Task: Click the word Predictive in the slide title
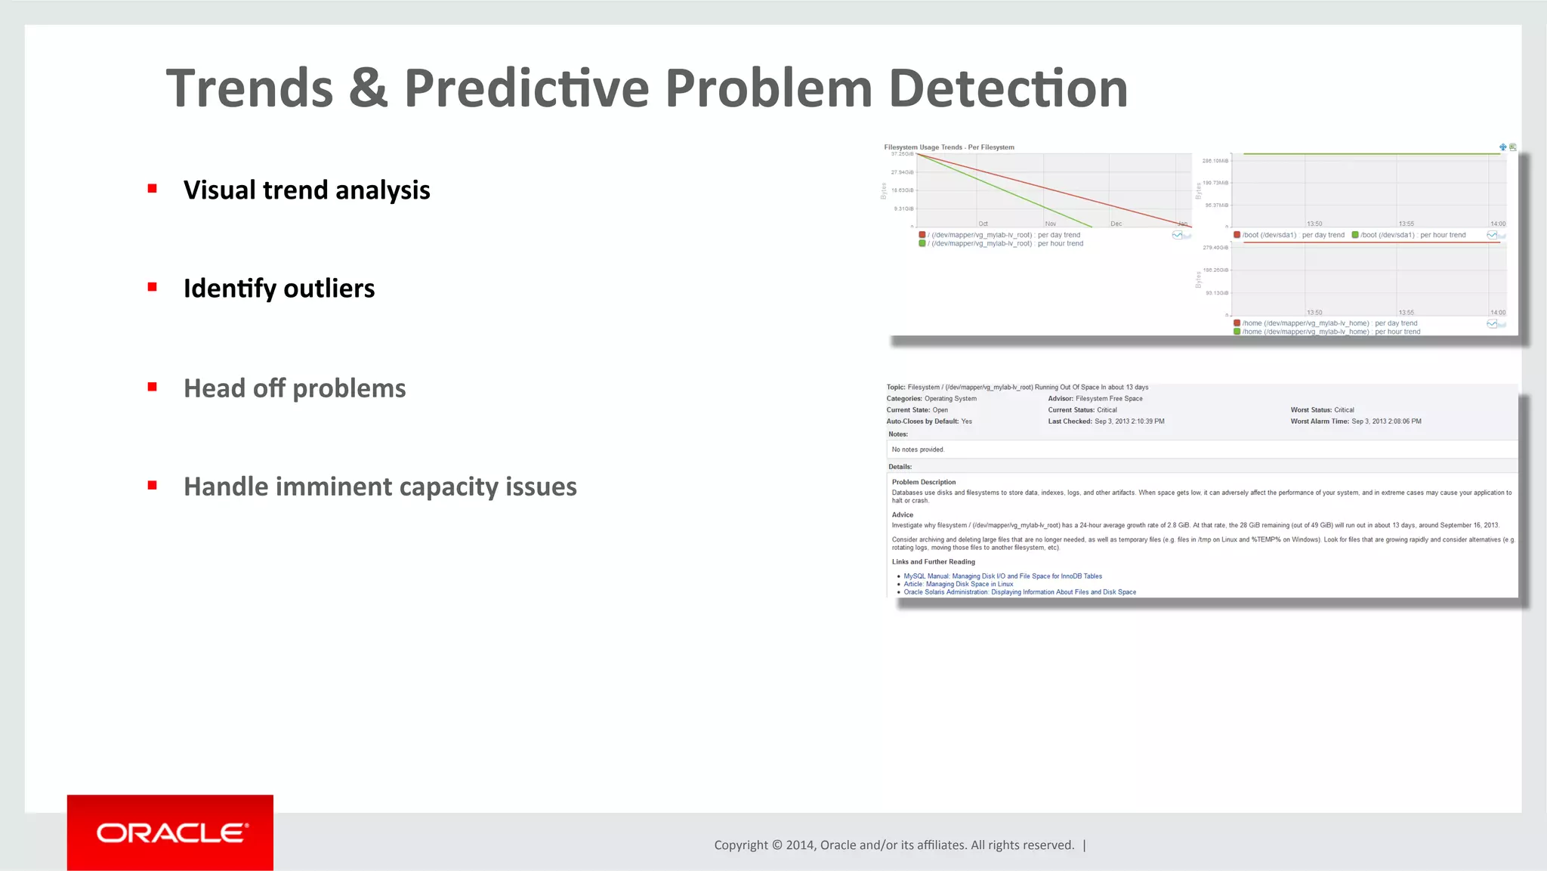click(x=526, y=88)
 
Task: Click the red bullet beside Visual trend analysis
click(x=153, y=189)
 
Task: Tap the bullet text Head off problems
click(x=295, y=388)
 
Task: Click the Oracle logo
click(x=171, y=832)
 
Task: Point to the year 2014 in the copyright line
click(x=799, y=845)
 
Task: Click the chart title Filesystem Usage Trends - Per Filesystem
click(x=949, y=147)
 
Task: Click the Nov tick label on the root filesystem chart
click(x=1050, y=224)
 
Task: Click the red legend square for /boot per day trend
click(x=1237, y=235)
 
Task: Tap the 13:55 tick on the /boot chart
click(x=1406, y=224)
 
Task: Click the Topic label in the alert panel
click(x=895, y=388)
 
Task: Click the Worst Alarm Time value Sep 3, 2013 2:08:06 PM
click(x=1386, y=422)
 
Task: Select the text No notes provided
click(x=918, y=449)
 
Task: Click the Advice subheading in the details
click(x=902, y=514)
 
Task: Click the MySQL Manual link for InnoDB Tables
click(x=1002, y=576)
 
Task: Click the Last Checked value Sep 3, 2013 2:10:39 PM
click(x=1129, y=422)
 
